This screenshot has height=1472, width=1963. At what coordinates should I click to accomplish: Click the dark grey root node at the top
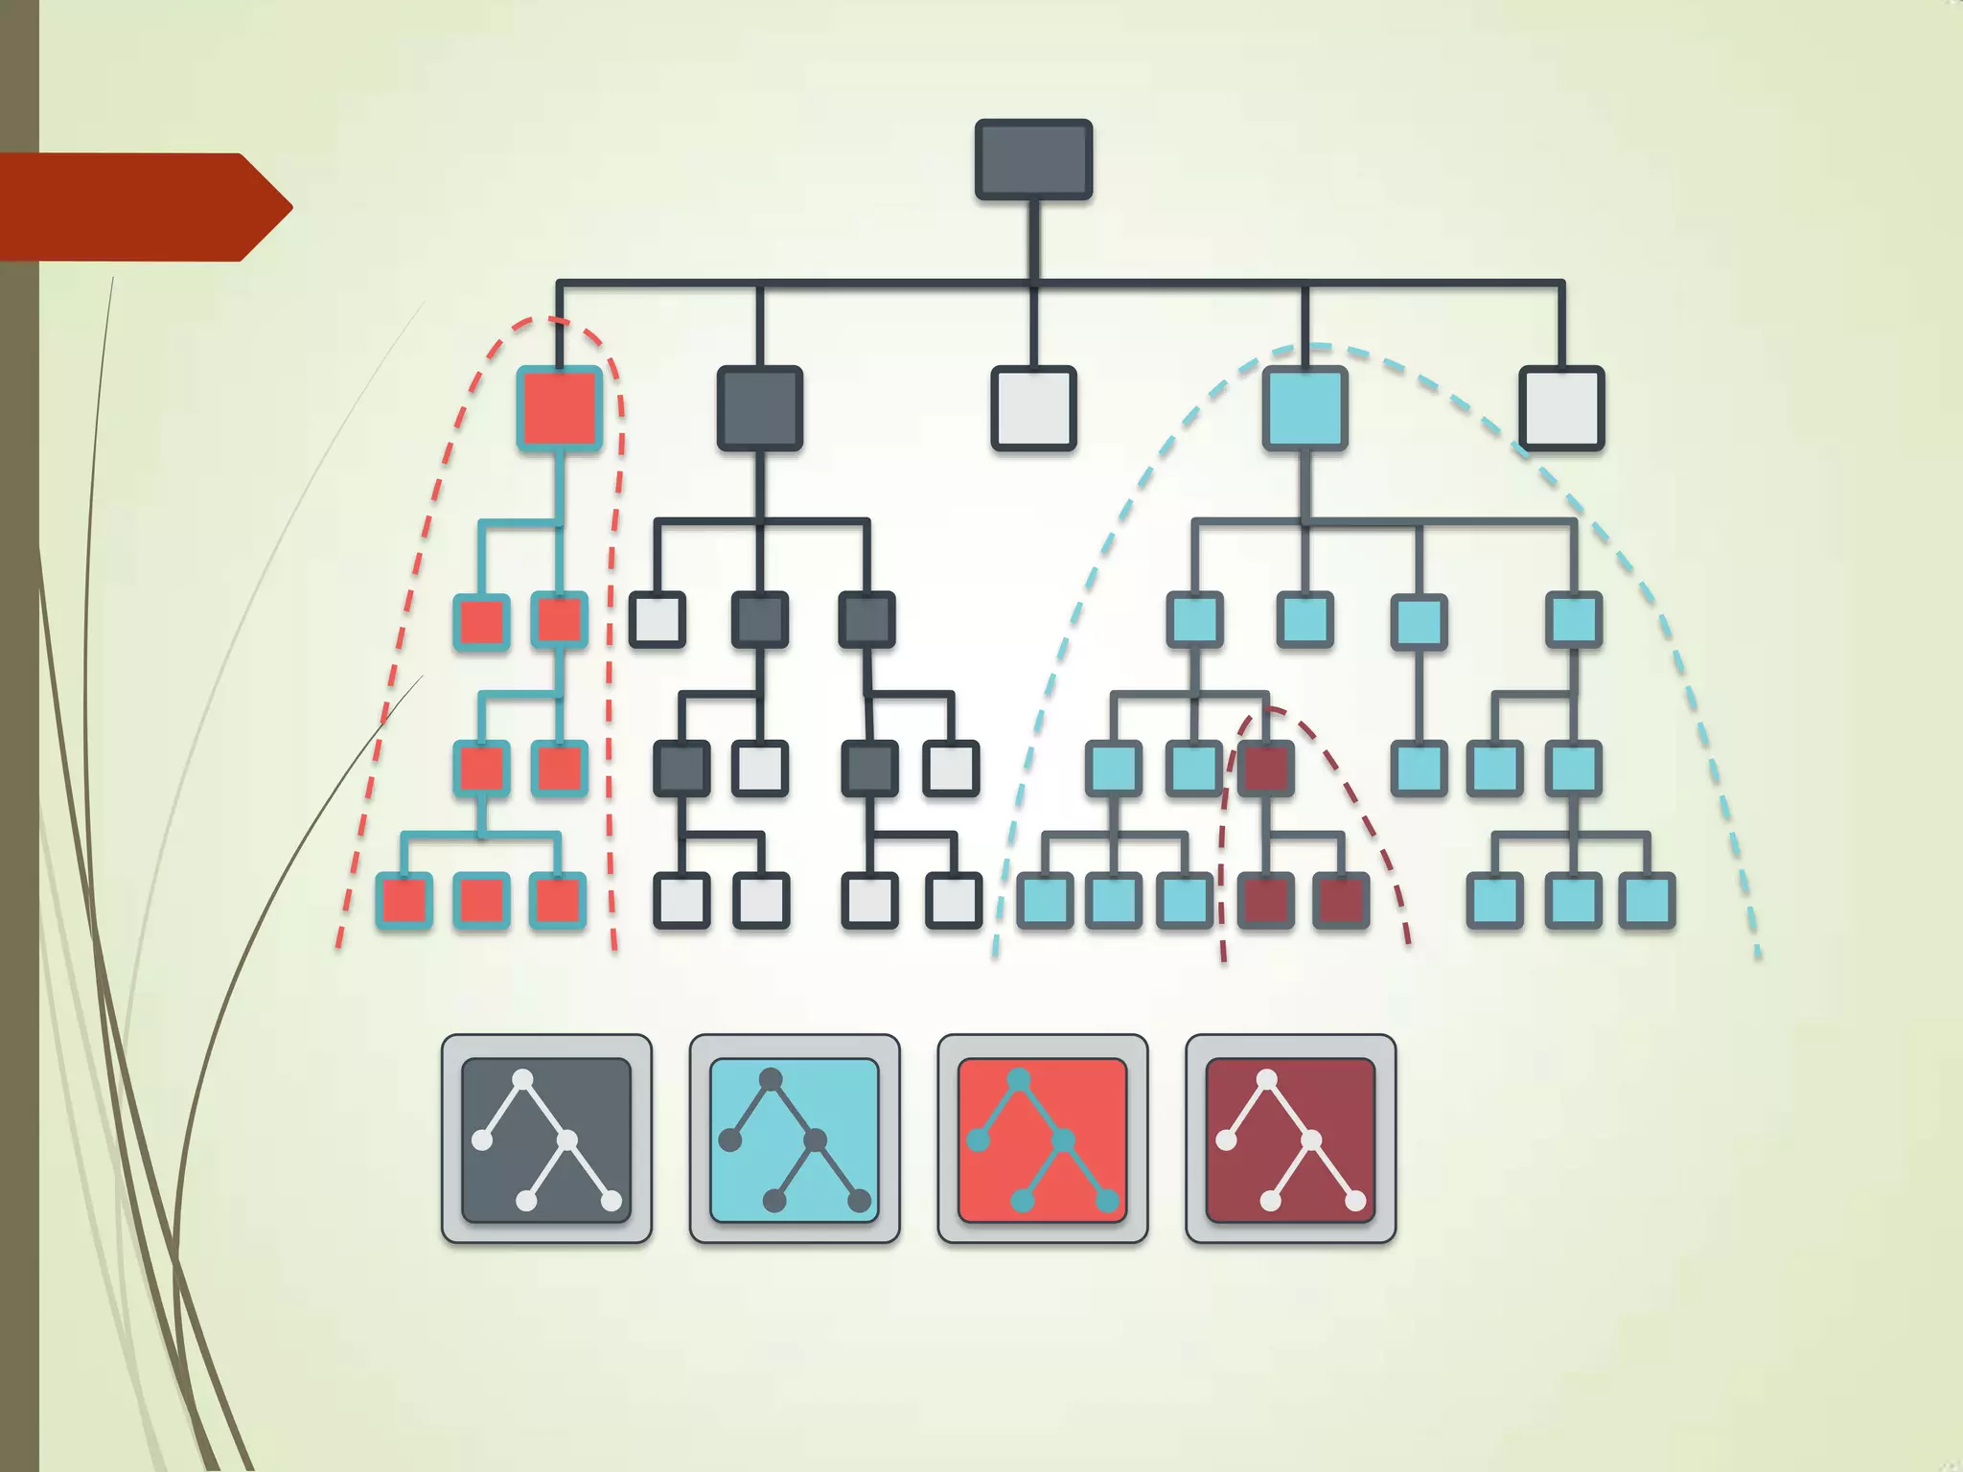pos(1033,159)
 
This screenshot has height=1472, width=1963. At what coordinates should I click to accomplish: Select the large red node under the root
pos(560,408)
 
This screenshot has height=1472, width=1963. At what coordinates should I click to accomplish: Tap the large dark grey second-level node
pos(759,408)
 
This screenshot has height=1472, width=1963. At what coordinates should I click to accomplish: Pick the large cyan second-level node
pos(1305,408)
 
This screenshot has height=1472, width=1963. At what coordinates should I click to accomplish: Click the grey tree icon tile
pos(546,1139)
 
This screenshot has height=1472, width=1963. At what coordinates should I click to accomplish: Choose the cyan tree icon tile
pos(795,1139)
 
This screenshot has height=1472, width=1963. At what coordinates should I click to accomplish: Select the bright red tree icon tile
pos(1043,1139)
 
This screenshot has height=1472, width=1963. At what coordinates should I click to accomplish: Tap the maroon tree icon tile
pos(1290,1139)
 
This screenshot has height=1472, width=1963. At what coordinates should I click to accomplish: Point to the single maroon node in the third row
pos(1266,768)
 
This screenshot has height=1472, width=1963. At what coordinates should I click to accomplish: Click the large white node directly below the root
pos(1033,408)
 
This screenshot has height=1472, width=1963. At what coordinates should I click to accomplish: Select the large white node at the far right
pos(1561,408)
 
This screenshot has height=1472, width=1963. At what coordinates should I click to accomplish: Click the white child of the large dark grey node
pos(658,619)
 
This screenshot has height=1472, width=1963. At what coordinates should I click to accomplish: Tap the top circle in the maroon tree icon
pos(1266,1080)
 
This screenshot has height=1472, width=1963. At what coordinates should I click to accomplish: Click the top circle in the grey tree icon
pos(522,1080)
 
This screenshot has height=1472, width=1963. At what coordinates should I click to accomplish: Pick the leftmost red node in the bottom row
pos(404,901)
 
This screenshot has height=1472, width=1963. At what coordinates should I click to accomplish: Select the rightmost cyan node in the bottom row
pos(1647,901)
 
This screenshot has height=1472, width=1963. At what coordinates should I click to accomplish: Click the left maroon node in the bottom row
pos(1266,901)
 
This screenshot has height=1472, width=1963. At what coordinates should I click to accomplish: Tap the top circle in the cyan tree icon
pos(771,1080)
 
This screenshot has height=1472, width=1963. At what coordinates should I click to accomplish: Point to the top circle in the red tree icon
pos(1019,1080)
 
